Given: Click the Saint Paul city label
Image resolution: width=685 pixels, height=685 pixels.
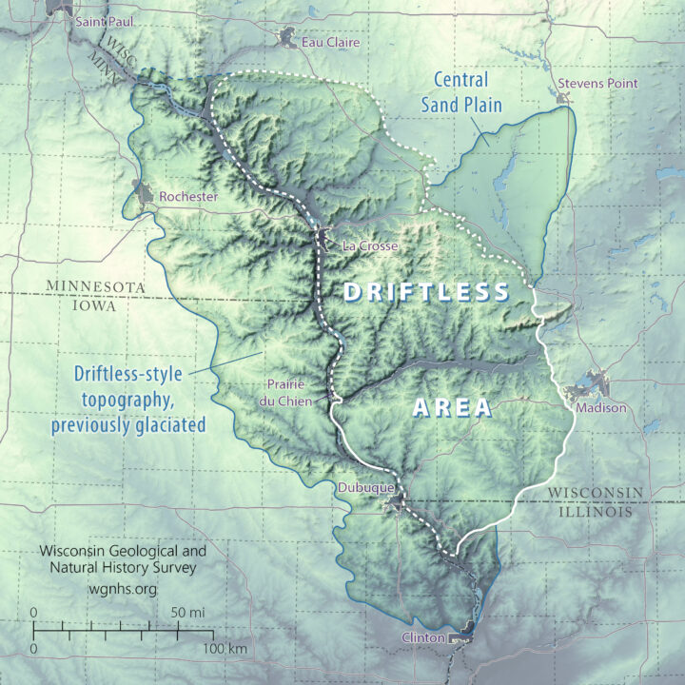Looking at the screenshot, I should (x=105, y=20).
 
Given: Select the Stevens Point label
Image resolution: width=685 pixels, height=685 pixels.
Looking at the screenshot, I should (x=597, y=84).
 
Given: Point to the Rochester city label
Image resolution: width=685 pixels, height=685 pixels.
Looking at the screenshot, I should (x=188, y=197).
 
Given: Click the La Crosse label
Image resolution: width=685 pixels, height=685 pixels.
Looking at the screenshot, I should (x=365, y=246).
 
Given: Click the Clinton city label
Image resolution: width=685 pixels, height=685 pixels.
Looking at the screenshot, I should (x=423, y=637).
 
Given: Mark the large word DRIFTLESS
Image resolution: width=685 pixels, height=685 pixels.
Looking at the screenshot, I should (x=427, y=292).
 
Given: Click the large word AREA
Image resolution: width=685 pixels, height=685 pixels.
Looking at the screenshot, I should (x=452, y=409).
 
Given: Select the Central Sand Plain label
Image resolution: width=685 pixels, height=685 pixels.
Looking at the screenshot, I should (x=460, y=93).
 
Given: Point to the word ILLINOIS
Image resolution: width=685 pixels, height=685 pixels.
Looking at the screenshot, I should (x=592, y=512).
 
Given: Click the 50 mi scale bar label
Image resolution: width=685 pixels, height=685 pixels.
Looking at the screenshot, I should (x=186, y=612).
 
